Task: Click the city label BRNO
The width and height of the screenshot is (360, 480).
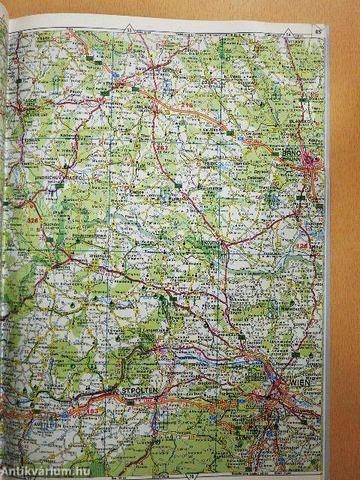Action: click(310, 151)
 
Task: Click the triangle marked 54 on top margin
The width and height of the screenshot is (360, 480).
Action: click(288, 31)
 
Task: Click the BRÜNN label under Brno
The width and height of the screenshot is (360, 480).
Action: click(309, 159)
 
